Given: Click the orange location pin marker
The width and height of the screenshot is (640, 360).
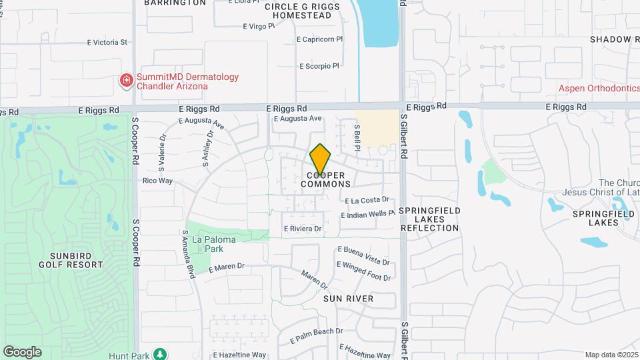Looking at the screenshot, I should click(320, 159).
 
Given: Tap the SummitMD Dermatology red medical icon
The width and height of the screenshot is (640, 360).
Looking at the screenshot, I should click(126, 81).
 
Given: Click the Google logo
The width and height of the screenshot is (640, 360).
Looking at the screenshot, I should click(22, 352).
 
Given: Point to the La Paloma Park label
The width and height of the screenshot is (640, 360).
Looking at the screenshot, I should click(207, 244).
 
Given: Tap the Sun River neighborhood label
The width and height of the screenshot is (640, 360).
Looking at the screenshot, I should click(349, 299).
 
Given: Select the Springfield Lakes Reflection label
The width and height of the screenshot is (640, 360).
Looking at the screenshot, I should click(429, 219).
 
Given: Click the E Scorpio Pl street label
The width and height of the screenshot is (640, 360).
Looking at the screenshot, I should click(319, 66).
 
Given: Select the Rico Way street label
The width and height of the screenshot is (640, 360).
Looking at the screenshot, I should click(157, 181).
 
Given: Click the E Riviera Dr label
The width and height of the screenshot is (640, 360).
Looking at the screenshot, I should click(303, 229).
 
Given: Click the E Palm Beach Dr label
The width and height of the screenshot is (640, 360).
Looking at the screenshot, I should click(316, 335).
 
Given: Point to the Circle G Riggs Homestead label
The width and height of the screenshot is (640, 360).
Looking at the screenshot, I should click(302, 11).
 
